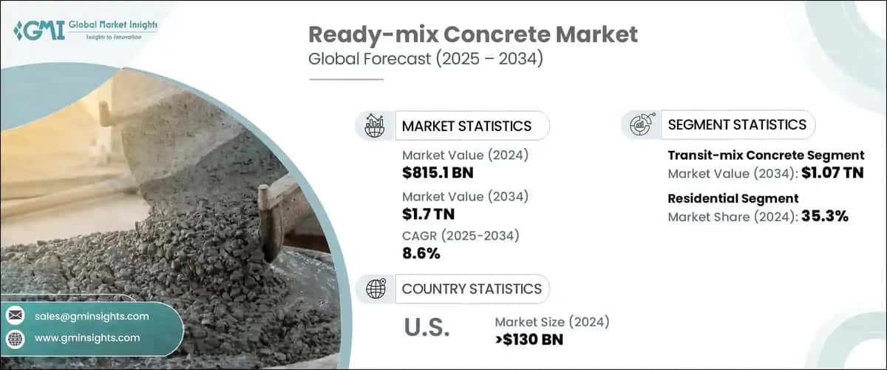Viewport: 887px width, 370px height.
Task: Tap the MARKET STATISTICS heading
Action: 466,126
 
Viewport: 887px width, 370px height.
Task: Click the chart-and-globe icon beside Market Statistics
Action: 375,126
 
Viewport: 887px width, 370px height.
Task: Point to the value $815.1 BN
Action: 438,173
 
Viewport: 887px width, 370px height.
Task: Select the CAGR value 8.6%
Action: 421,254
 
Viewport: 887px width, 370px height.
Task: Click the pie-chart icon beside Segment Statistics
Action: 641,125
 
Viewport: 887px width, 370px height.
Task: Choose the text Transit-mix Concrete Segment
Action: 766,155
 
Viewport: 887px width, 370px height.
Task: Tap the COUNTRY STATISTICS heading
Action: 472,289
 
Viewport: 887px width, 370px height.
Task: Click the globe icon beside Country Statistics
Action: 375,289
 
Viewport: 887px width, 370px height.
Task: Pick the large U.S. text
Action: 426,328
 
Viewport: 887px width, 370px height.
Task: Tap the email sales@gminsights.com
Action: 92,316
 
